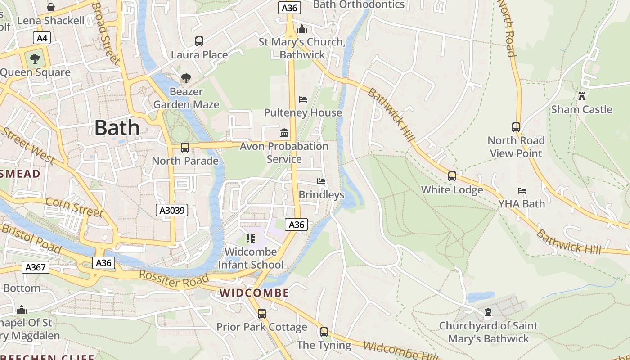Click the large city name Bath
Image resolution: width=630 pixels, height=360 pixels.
(x=117, y=128)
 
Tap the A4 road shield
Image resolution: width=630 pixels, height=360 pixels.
(x=42, y=38)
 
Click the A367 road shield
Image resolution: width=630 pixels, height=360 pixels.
(x=35, y=267)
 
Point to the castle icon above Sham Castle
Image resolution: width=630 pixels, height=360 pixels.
(x=581, y=96)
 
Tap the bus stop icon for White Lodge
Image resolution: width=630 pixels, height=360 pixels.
(x=452, y=176)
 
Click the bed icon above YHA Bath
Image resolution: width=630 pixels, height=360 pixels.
(x=522, y=191)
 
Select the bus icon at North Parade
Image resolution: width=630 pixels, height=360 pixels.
(x=184, y=148)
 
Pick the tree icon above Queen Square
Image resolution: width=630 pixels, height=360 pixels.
(x=35, y=59)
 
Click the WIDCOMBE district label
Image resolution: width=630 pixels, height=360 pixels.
(x=254, y=293)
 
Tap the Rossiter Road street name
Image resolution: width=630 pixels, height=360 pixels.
(x=168, y=279)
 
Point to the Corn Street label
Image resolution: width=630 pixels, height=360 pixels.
(x=74, y=207)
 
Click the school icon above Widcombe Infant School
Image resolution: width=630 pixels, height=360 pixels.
(x=250, y=238)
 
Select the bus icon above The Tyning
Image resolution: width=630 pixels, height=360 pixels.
(x=324, y=332)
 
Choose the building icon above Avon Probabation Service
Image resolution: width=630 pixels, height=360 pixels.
(x=284, y=133)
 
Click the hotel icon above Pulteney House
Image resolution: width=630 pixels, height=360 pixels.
(x=303, y=99)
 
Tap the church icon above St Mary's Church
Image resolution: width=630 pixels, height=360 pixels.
(x=302, y=29)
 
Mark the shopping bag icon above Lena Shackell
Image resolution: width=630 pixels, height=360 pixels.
(x=51, y=7)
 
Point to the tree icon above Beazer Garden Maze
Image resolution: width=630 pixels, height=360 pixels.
(x=186, y=78)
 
